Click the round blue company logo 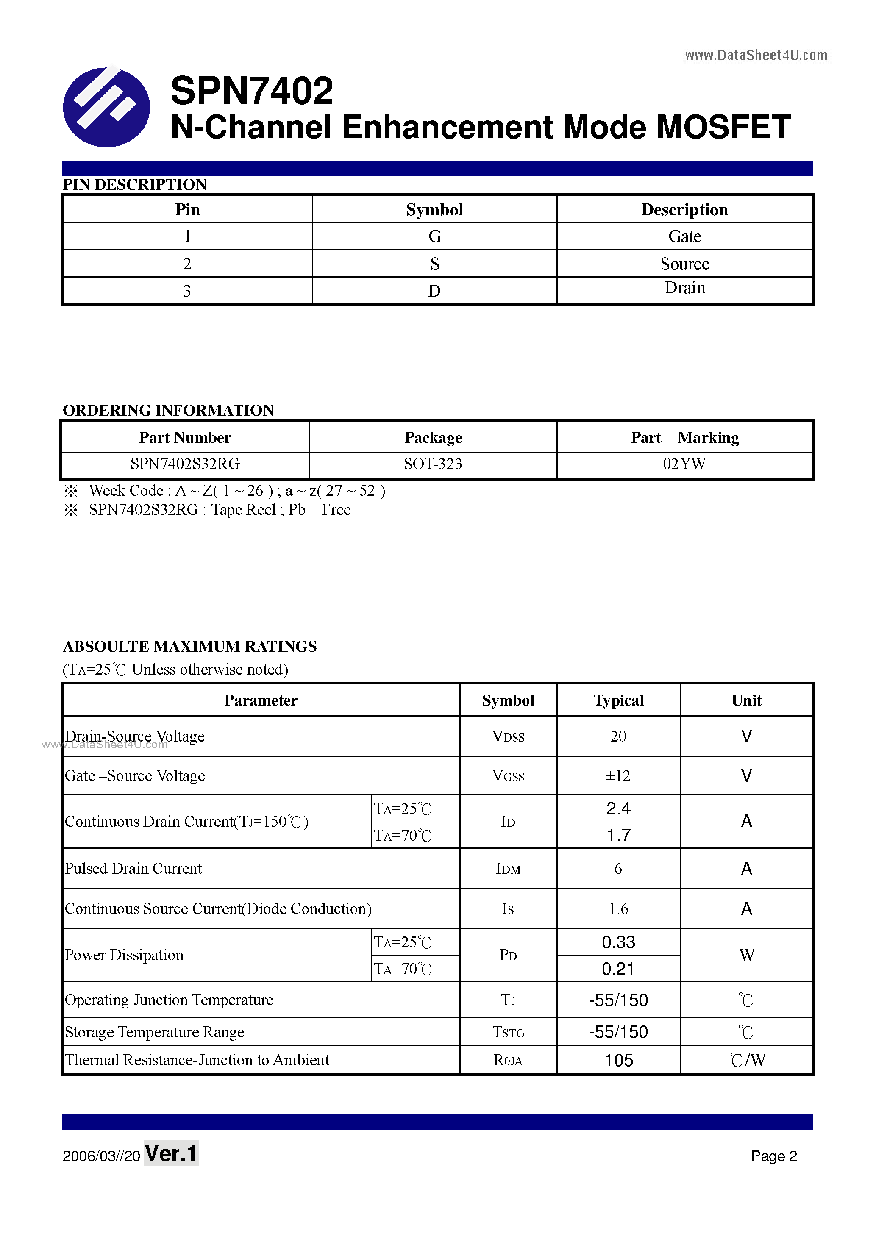click(x=106, y=107)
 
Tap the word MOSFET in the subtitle click(x=723, y=128)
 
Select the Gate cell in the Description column click(x=684, y=236)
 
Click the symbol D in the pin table click(x=434, y=291)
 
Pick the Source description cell click(x=684, y=264)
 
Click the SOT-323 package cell click(x=433, y=464)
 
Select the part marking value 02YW click(x=684, y=464)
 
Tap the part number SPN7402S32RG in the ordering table click(x=185, y=464)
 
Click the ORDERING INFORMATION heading click(x=168, y=410)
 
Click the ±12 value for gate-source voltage click(x=618, y=776)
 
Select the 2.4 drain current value click(x=618, y=808)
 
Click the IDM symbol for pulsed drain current click(x=508, y=869)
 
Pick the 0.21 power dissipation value click(x=618, y=969)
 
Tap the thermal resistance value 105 click(x=618, y=1060)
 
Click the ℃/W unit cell click(x=746, y=1060)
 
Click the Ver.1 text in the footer click(x=171, y=1154)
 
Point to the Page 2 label click(x=773, y=1156)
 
